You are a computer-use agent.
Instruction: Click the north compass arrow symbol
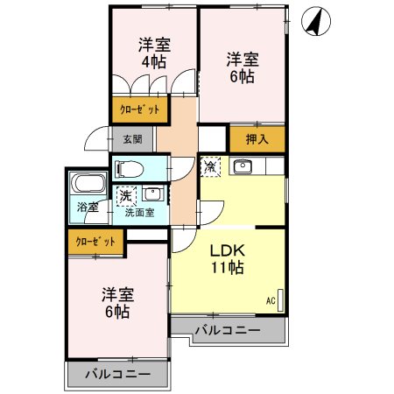tap(316, 21)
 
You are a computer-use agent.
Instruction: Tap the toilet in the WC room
tap(130, 169)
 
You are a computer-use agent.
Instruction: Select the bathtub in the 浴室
tap(88, 183)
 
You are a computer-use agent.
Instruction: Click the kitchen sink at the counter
tap(243, 167)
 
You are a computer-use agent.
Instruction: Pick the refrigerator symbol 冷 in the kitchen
tap(210, 166)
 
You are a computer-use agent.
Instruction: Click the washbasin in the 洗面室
tap(151, 193)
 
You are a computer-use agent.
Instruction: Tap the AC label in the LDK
tap(271, 301)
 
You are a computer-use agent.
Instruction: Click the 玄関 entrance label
tap(132, 139)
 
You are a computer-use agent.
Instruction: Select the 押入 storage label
tap(257, 139)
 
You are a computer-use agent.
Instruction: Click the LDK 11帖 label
tap(228, 259)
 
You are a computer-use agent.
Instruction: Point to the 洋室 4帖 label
tap(154, 53)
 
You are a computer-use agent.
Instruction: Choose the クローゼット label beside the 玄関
tap(140, 109)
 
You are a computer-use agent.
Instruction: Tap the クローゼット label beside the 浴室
tap(95, 242)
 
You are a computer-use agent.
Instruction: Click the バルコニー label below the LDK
tap(228, 330)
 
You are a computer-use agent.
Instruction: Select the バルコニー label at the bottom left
tap(118, 374)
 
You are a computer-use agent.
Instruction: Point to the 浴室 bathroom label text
tap(88, 208)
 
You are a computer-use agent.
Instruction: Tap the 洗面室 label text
tap(140, 213)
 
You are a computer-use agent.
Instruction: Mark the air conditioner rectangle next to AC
tap(280, 300)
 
